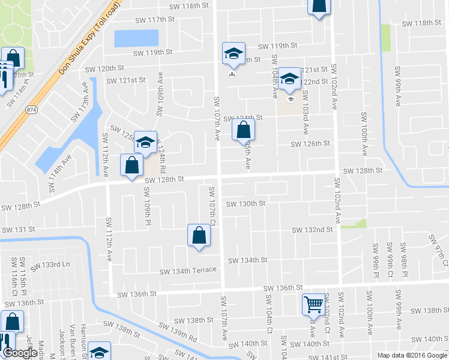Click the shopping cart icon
point(313,305)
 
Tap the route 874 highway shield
point(30,110)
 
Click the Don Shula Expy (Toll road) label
point(90,38)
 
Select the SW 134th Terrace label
point(187,271)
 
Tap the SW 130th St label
point(246,204)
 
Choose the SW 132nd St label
point(312,230)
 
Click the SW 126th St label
point(310,144)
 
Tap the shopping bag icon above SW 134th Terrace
point(199,236)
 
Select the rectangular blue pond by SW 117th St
point(136,38)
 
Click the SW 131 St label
point(19,230)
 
